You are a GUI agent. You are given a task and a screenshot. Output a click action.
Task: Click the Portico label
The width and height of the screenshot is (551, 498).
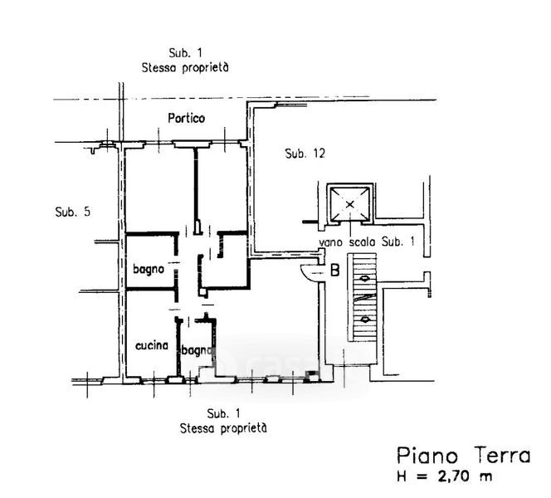(x=186, y=119)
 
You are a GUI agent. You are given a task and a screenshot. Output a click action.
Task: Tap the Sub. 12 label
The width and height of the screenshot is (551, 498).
(x=304, y=154)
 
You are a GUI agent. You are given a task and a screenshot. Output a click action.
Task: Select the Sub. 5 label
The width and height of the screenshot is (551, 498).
(x=72, y=211)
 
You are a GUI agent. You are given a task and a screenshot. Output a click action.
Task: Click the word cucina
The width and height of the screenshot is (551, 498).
(x=151, y=345)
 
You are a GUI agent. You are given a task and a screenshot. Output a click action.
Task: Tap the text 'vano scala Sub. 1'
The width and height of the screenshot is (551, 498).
(x=367, y=242)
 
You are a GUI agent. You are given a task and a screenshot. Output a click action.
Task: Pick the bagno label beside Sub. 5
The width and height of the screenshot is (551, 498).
(x=149, y=269)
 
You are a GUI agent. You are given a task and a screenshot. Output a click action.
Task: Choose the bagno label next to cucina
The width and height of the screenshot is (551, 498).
(x=198, y=350)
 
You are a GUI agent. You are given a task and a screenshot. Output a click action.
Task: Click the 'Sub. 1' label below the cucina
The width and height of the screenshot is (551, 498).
(x=223, y=413)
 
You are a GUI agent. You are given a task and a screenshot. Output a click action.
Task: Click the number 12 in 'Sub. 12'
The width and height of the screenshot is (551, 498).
(x=316, y=154)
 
